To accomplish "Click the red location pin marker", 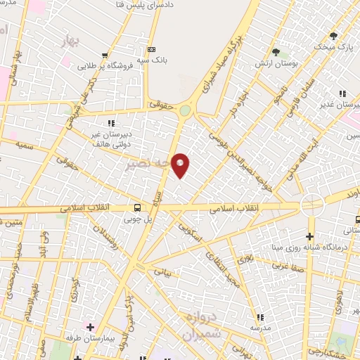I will [x=181, y=165].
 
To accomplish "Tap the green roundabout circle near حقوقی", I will [x=185, y=110].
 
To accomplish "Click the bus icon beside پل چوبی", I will [x=137, y=207].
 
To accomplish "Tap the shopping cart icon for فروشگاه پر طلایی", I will [x=105, y=56].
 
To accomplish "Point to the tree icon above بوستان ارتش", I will [x=275, y=51].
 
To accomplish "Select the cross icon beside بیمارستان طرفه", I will [x=89, y=328].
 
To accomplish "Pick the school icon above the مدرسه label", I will [x=259, y=317].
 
